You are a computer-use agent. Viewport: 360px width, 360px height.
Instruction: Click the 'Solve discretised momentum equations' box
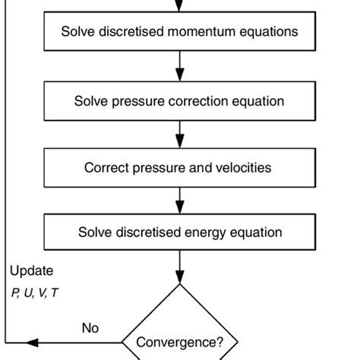pyautogui.click(x=179, y=33)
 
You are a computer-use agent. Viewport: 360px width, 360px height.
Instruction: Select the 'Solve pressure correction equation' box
pyautogui.click(x=179, y=101)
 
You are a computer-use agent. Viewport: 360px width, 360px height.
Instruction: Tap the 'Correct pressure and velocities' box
pyautogui.click(x=179, y=167)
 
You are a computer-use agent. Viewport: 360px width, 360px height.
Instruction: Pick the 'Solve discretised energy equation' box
pyautogui.click(x=179, y=232)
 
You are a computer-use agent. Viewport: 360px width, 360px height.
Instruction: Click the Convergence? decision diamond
pyautogui.click(x=180, y=334)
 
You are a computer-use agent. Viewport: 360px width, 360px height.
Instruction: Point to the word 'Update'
pyautogui.click(x=32, y=270)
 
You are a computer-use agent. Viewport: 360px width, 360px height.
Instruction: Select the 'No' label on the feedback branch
pyautogui.click(x=90, y=328)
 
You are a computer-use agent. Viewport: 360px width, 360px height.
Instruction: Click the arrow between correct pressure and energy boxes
pyautogui.click(x=180, y=200)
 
